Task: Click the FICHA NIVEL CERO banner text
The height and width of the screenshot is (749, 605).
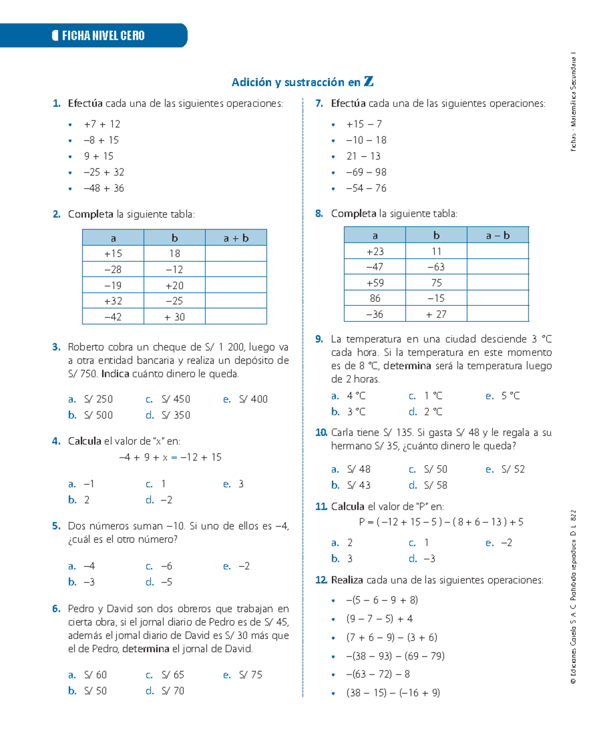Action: pyautogui.click(x=103, y=35)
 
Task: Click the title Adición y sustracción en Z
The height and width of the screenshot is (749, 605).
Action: pyautogui.click(x=302, y=82)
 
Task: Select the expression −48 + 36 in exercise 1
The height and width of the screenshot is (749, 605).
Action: pyautogui.click(x=104, y=188)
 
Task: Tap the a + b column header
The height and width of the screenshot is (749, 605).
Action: pyautogui.click(x=236, y=238)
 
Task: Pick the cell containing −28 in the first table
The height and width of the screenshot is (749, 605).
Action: pyautogui.click(x=113, y=269)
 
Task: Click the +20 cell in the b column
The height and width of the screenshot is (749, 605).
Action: pyautogui.click(x=174, y=285)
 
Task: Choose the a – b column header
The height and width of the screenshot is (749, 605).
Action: pyautogui.click(x=498, y=235)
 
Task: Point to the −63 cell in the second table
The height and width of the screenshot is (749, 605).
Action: pyautogui.click(x=436, y=267)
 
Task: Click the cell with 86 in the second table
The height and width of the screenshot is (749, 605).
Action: pyautogui.click(x=375, y=298)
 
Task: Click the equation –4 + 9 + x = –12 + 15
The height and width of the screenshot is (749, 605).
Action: pyautogui.click(x=170, y=457)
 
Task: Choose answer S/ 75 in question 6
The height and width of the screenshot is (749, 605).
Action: pyautogui.click(x=251, y=674)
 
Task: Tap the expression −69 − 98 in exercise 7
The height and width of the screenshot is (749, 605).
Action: pyautogui.click(x=366, y=172)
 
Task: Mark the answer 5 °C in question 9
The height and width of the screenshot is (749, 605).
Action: pyautogui.click(x=510, y=396)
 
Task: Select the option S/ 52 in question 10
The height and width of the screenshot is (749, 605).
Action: pyautogui.click(x=513, y=469)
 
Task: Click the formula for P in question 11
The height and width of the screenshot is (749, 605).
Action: pyautogui.click(x=441, y=522)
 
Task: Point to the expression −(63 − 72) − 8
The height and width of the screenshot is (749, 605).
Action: pyautogui.click(x=378, y=674)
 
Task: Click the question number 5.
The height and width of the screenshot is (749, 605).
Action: pyautogui.click(x=56, y=526)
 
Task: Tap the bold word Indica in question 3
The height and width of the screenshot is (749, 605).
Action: pyautogui.click(x=115, y=373)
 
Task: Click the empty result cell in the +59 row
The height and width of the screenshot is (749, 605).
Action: pyautogui.click(x=498, y=282)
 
